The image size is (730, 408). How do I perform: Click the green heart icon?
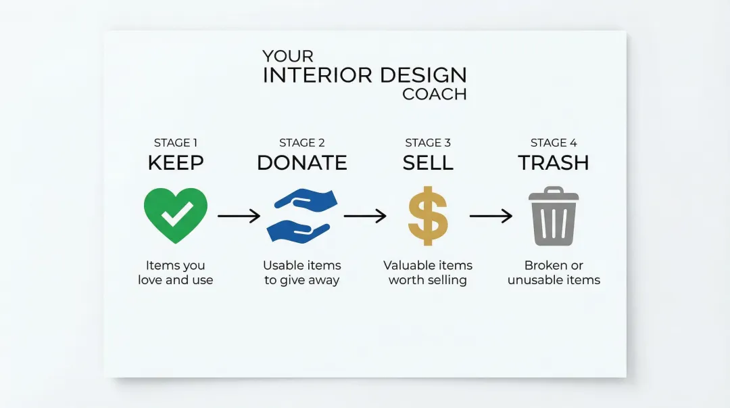tap(176, 215)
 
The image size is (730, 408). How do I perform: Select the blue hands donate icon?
tap(301, 216)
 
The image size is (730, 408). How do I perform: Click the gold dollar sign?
tap(428, 216)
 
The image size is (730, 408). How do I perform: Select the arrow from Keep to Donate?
tap(239, 216)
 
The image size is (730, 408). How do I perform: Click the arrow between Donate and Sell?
tap(365, 216)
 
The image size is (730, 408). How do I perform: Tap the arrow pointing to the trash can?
tap(491, 216)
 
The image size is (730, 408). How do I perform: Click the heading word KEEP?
tap(176, 163)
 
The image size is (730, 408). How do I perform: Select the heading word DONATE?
tap(302, 163)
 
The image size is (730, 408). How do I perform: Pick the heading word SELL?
tap(428, 163)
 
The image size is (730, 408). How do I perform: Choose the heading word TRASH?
tap(554, 163)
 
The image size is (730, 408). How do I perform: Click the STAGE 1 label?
tap(176, 143)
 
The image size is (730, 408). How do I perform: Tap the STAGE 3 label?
tap(428, 143)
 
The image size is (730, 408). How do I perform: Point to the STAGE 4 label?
tap(554, 143)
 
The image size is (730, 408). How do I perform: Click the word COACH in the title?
tap(434, 94)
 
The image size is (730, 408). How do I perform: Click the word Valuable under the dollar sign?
tap(408, 265)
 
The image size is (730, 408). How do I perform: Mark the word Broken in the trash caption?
tap(543, 265)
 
